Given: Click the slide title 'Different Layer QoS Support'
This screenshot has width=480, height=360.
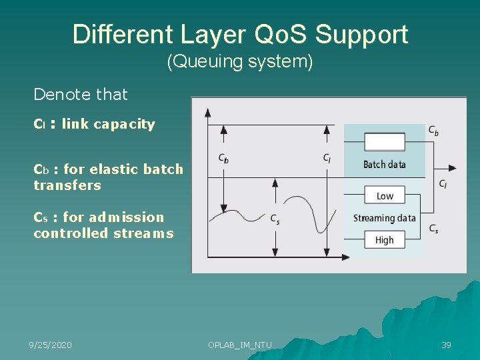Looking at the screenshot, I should (240, 35).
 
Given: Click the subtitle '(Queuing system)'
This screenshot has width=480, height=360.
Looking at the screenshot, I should (239, 62).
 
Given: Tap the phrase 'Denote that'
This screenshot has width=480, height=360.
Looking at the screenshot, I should (80, 95).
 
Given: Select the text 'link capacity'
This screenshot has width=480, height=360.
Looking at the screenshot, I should (108, 124).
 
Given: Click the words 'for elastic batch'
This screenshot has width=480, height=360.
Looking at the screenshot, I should (123, 169).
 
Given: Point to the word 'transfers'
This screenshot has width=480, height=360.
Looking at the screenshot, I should (67, 185).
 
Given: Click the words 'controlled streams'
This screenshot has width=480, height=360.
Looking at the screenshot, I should (103, 233).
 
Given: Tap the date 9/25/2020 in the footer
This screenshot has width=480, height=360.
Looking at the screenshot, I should (50, 345).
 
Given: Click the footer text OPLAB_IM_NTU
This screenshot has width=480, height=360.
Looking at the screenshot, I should (240, 345).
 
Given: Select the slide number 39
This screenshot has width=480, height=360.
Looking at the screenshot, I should (446, 345).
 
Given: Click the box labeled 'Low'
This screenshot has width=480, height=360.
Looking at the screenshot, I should (385, 195).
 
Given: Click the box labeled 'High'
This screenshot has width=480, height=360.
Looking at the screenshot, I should (385, 240).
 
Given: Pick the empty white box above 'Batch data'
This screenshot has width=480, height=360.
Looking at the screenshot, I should (385, 142).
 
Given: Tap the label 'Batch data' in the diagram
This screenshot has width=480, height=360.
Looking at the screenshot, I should (384, 164).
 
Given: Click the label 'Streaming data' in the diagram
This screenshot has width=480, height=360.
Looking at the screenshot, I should (384, 218).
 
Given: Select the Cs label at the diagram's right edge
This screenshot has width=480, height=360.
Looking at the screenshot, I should (433, 229).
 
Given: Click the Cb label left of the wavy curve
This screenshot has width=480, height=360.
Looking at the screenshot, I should (224, 159).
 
